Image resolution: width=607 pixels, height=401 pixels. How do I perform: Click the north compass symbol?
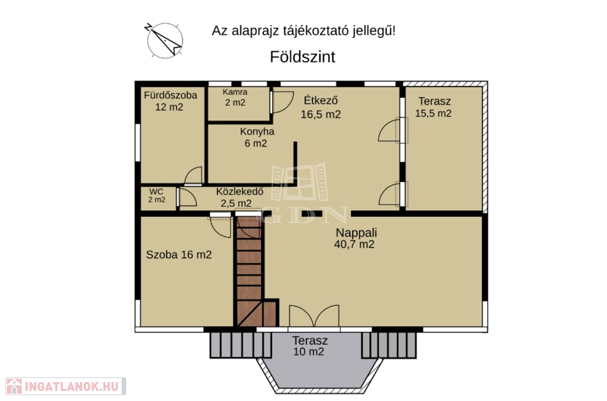[164, 40]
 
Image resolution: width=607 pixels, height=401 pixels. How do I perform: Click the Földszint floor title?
[302, 57]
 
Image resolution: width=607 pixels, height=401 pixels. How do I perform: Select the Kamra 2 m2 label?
[235, 98]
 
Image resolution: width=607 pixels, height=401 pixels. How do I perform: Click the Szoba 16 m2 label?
[179, 255]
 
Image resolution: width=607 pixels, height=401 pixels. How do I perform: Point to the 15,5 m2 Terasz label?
[433, 107]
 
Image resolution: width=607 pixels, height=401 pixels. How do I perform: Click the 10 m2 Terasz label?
[309, 346]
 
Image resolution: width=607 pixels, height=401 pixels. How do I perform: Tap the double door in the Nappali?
[314, 316]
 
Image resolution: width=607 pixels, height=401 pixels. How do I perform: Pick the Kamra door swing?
[283, 102]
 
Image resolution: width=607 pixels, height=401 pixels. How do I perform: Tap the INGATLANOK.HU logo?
[66, 386]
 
